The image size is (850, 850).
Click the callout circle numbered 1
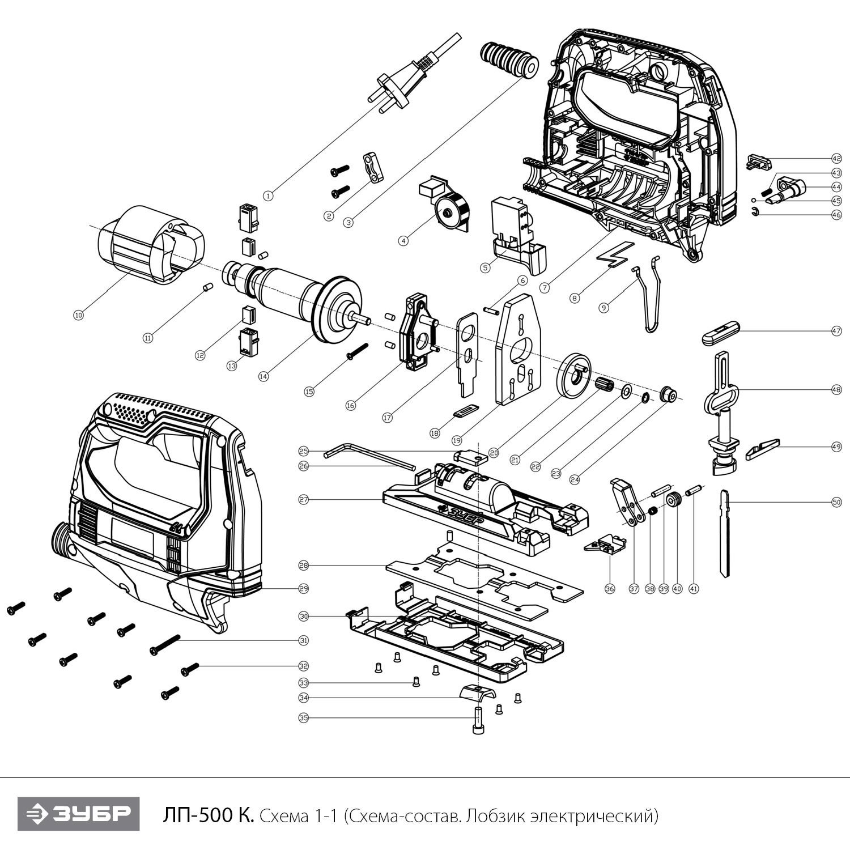[x=269, y=195]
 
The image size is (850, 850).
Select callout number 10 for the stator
[x=78, y=314]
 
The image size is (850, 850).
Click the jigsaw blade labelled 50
[x=724, y=533]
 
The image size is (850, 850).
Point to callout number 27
[x=304, y=500]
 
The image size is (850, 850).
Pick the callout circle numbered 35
[x=304, y=718]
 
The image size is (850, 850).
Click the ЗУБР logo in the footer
[x=78, y=814]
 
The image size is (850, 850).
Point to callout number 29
[x=304, y=588]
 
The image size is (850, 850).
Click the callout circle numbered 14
[x=263, y=376]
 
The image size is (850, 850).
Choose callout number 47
[x=836, y=331]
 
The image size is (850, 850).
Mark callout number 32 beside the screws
[x=304, y=666]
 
